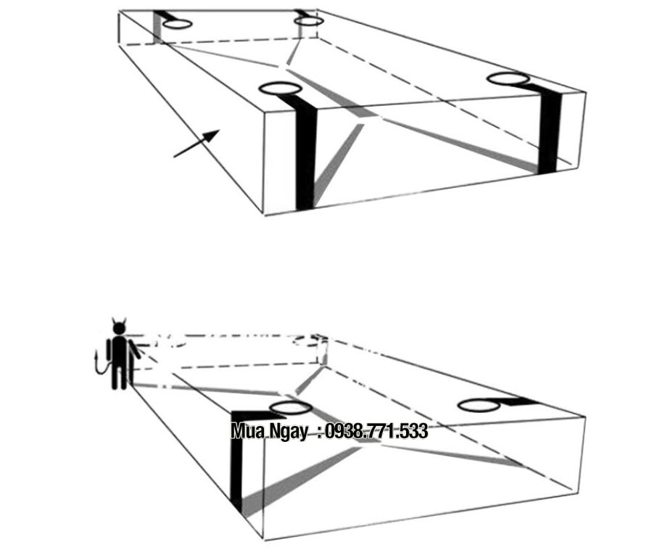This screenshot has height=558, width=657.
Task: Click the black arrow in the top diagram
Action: coord(197,144)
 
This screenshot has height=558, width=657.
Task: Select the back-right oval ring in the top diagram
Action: coord(308,17)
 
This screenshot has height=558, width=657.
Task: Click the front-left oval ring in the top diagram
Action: coord(280,83)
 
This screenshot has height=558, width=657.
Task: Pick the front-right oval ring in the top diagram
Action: coord(508,74)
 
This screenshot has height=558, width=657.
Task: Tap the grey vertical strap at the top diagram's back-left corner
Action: coord(157,28)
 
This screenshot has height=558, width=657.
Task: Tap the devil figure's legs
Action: coord(119,377)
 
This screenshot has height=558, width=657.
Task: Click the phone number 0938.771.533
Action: coord(376,431)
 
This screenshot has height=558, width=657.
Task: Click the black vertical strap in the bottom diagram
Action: coord(236,461)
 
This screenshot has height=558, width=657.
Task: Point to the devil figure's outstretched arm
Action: coord(135,350)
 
